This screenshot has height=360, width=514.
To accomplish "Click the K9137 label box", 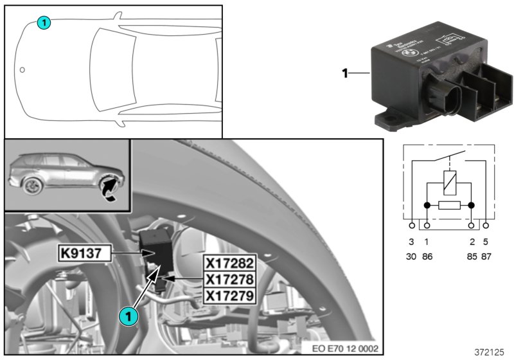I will (84, 254).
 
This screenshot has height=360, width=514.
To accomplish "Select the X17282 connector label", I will (229, 263).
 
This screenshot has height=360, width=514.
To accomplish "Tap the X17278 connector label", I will (229, 279).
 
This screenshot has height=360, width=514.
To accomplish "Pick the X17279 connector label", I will (229, 295).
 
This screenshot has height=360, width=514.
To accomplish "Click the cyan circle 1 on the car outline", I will (43, 23).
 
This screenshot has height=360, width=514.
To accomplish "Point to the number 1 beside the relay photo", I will (345, 74).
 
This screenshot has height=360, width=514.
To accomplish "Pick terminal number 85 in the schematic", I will (472, 253).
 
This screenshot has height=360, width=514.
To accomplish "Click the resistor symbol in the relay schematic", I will (448, 206).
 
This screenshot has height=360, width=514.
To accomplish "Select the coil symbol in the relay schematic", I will (448, 183).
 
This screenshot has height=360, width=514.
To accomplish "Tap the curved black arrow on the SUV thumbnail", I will (110, 188).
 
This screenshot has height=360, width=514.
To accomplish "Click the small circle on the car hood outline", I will (22, 69).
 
